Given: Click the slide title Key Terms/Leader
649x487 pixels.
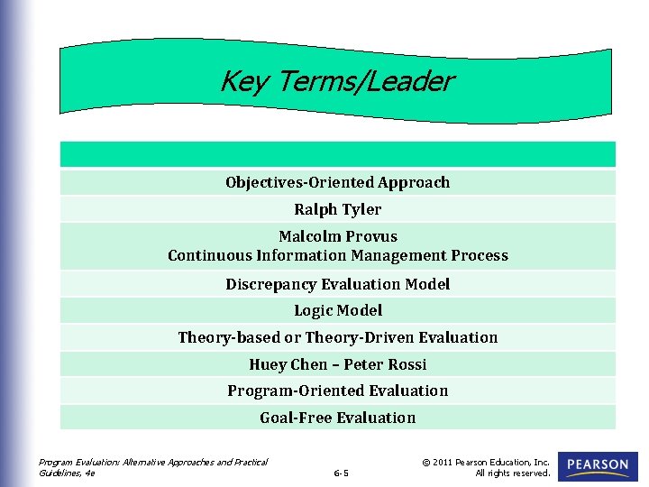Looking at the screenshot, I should point(336,82).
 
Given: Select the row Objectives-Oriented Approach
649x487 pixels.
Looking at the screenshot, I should point(337,182).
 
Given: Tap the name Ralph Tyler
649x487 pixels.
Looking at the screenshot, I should point(337,209).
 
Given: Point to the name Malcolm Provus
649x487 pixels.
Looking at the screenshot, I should point(337,237).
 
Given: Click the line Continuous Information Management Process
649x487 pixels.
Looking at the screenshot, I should point(337,255).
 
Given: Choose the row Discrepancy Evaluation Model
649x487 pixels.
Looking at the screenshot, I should point(337,284).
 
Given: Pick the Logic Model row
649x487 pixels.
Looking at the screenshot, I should point(337,310).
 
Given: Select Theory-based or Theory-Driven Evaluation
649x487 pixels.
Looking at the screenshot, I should point(337,337).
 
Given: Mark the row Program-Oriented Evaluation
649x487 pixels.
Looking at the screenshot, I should point(337,391).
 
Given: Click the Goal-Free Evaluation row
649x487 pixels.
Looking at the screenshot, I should point(337,418).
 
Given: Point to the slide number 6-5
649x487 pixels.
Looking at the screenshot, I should point(341,473).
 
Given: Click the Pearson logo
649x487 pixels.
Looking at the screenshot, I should point(598,466).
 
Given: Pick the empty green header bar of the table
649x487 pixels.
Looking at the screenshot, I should point(337,154).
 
